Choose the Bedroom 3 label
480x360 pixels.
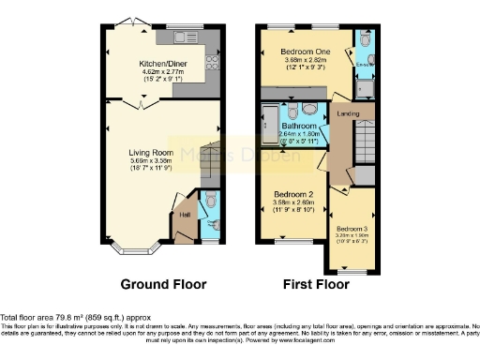click(x=352, y=229)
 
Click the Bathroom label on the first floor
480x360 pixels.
click(x=299, y=125)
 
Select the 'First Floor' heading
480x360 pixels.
click(x=317, y=282)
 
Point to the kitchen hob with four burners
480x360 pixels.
click(x=211, y=63)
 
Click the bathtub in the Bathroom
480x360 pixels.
click(x=267, y=123)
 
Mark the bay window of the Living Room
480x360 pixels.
click(x=136, y=249)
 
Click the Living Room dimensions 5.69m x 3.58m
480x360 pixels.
click(x=150, y=159)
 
